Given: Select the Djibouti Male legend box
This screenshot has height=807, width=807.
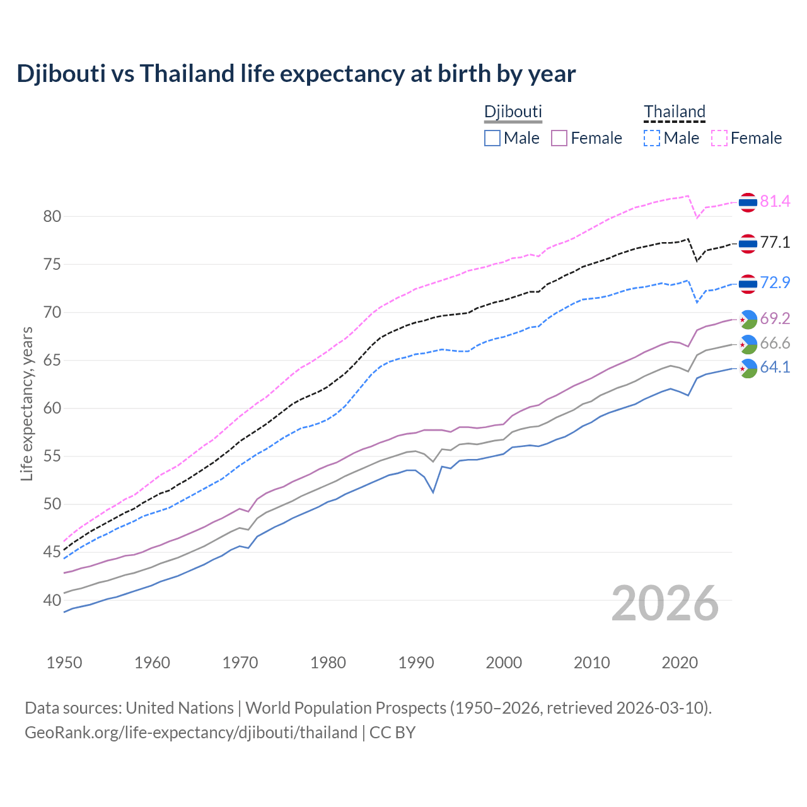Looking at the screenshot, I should coord(492,138).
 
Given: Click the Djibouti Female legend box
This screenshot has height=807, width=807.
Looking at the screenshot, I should coord(559,138).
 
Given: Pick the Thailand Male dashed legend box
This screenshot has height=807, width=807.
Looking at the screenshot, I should coord(652,138).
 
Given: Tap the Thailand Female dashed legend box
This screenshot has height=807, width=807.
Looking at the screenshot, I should coord(719,138).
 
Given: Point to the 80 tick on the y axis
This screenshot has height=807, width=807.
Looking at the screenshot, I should coord(52,217).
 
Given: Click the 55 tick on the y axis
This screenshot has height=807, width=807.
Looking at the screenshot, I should coord(52,456).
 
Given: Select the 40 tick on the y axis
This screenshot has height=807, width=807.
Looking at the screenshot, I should coord(52,600).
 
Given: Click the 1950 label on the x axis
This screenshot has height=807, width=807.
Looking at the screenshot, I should coord(64,663).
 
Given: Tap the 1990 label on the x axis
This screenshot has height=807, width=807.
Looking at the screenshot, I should coord(416,663).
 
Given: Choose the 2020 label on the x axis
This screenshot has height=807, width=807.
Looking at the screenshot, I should coord(680,663).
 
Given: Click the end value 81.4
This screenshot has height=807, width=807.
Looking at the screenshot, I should coord(775,202).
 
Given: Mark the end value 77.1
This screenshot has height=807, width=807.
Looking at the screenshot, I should coord(775,243).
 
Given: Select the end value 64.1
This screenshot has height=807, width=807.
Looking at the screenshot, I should coord(775,368).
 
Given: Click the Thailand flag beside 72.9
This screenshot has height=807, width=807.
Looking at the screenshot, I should coord(748,284).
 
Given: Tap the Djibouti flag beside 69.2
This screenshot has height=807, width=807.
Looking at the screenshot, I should coord(748,320).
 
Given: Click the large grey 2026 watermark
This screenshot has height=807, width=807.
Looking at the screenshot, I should coord(665,603).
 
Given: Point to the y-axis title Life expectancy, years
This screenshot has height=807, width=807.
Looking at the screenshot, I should coord(27,403).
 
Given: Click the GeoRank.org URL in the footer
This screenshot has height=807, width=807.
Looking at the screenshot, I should coord(191,733).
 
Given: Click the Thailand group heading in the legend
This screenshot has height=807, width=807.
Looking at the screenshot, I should coord(674,112).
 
